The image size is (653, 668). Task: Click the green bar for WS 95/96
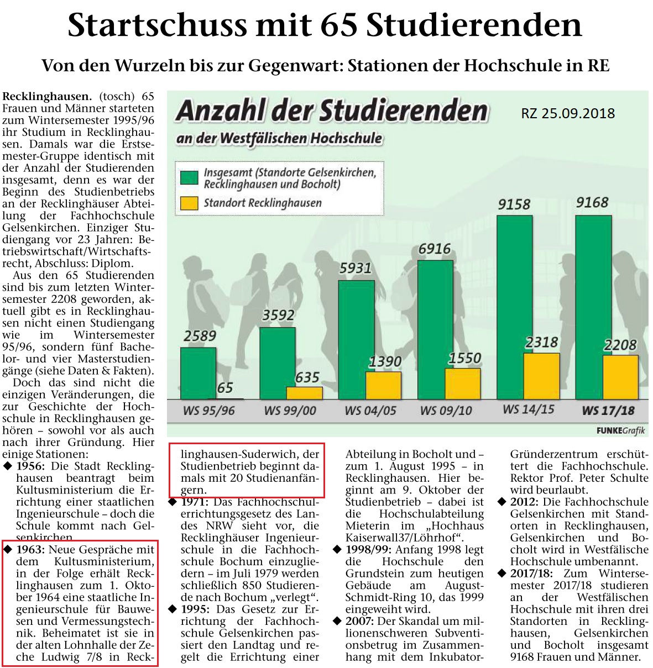[x=198, y=373]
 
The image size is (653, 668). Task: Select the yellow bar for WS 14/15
[x=542, y=376]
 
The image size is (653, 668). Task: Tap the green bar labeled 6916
[x=435, y=329]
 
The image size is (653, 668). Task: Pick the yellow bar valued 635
[x=304, y=393]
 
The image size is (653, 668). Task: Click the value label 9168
[x=592, y=202]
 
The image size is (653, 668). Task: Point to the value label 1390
[x=385, y=361]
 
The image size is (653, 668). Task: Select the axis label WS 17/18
[x=608, y=410]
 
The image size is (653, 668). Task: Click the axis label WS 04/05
[x=370, y=411]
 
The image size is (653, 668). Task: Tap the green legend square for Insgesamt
[x=189, y=178]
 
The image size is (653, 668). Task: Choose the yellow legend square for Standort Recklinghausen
[x=189, y=203]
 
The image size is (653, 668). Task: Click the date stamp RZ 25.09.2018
[x=568, y=114]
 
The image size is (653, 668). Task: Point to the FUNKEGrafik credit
[x=621, y=430]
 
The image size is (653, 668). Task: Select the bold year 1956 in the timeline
[x=30, y=466]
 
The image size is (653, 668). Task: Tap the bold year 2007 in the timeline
[x=360, y=622]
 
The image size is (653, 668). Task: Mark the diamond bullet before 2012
[x=502, y=502]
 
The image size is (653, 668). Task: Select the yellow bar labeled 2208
[x=621, y=377]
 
